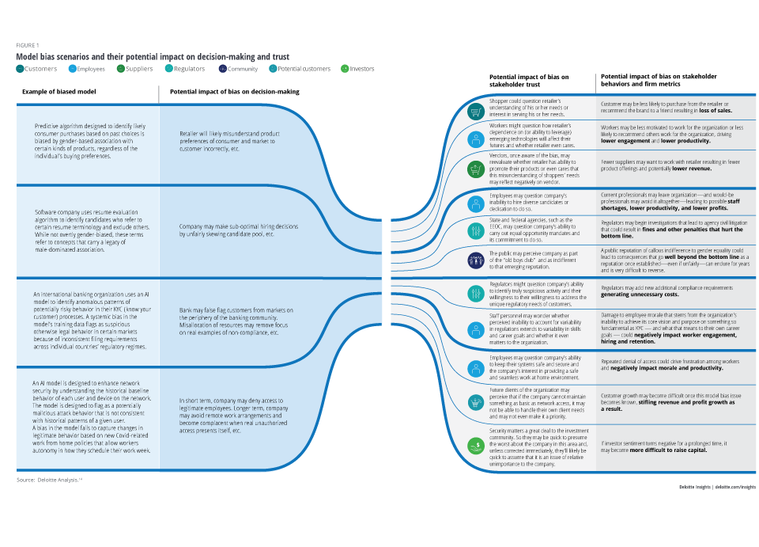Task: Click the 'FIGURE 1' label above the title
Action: (x=27, y=46)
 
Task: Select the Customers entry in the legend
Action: (x=36, y=69)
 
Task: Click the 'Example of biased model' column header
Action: (x=59, y=92)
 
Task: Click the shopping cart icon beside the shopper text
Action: (x=476, y=112)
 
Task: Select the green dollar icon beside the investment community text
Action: (x=476, y=446)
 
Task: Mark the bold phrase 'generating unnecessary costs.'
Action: (x=639, y=294)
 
